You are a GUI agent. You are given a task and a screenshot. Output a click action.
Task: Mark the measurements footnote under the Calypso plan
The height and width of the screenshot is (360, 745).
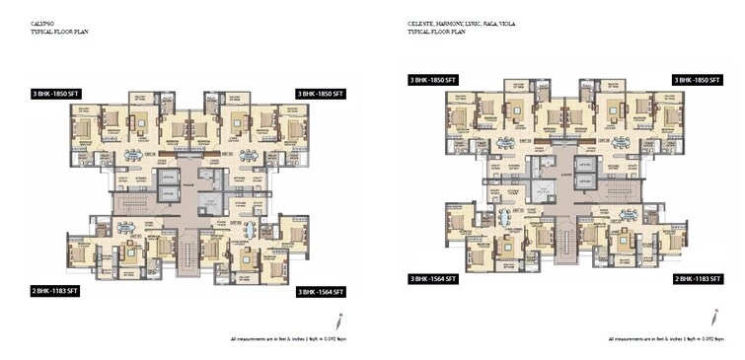(x=290, y=338)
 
